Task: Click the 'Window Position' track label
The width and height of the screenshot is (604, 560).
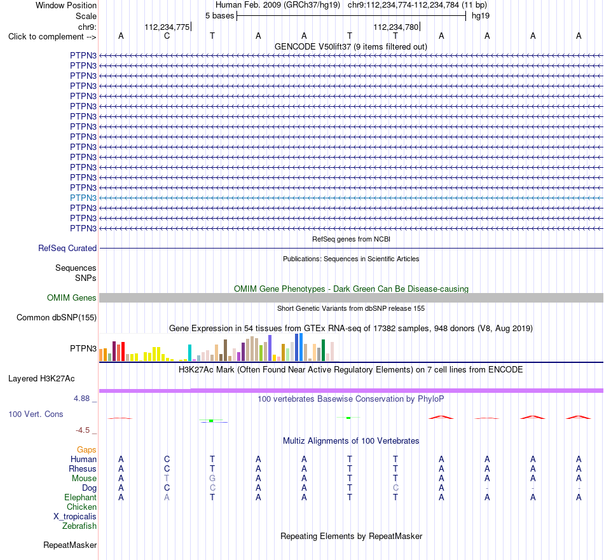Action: [66, 5]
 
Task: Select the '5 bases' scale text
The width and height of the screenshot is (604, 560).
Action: [219, 16]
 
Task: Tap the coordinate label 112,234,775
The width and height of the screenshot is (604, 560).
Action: [167, 27]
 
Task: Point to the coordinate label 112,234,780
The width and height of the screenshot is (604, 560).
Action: [395, 27]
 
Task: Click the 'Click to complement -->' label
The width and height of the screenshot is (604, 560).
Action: [52, 37]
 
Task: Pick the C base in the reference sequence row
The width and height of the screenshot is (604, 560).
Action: [167, 36]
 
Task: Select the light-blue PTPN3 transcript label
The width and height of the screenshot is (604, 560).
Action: [83, 198]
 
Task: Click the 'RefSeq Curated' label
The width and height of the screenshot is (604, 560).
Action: [67, 249]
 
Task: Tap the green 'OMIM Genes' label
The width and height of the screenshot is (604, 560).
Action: [72, 297]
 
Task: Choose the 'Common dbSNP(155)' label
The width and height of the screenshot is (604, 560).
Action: [57, 317]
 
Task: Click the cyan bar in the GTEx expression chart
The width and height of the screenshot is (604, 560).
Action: [189, 353]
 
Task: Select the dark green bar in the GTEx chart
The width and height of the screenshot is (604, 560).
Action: [323, 350]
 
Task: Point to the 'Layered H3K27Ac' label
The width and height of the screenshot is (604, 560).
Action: [41, 379]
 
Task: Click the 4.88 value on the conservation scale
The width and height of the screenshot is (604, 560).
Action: [81, 399]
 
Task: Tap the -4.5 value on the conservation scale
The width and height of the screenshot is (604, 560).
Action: [83, 430]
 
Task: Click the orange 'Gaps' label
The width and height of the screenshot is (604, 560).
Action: [86, 450]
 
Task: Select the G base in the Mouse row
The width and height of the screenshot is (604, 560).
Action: [212, 479]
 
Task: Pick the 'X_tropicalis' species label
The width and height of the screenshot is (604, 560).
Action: [75, 517]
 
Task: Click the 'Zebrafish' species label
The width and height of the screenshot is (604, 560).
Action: [79, 526]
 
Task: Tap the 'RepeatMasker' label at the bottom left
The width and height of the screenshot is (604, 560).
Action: [70, 545]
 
